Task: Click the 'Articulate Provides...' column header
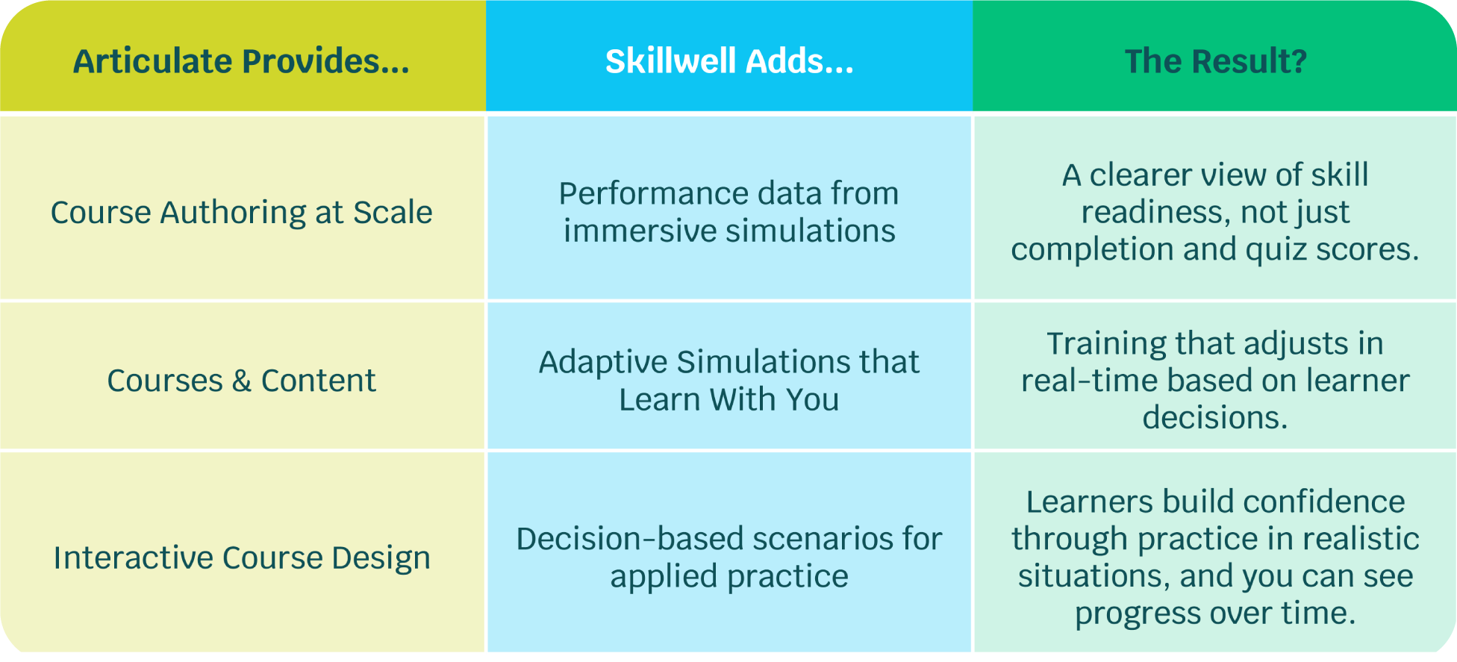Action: coord(242,61)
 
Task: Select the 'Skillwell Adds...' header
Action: coord(729,61)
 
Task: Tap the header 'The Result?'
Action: coord(1216,61)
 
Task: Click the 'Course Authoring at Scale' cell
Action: coord(242,213)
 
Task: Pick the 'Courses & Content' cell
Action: coord(242,381)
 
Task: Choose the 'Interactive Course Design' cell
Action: coord(242,558)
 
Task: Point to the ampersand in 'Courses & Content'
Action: coord(241,381)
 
